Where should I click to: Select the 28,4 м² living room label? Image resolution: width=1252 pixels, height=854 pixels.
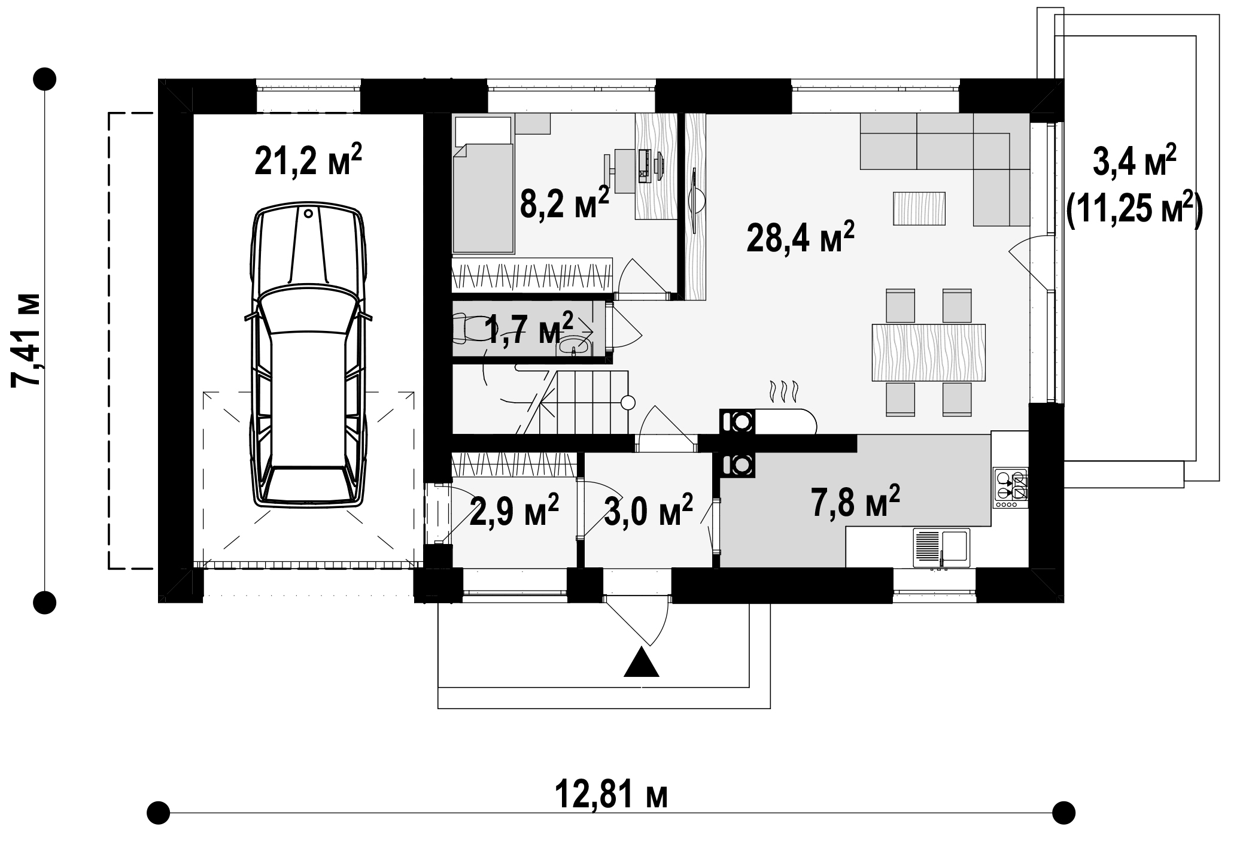800,238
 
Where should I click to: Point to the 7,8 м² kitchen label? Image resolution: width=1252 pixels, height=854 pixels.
855,501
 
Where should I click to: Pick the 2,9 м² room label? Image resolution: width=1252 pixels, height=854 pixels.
514,510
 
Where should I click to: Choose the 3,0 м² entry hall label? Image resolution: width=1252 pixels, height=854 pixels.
648,510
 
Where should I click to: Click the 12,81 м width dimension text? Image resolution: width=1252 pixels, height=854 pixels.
611,795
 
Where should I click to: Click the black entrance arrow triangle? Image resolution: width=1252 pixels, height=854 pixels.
641,661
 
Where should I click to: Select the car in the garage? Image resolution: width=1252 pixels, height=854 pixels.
308,355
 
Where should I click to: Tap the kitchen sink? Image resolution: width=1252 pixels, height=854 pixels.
941,548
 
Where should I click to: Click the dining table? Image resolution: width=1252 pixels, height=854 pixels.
929,352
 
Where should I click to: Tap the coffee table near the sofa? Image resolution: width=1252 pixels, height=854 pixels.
919,208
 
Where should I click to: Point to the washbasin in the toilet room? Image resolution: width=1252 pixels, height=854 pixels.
574,347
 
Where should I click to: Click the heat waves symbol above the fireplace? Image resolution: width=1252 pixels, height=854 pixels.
783,391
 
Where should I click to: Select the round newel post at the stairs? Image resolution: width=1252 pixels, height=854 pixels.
628,403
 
